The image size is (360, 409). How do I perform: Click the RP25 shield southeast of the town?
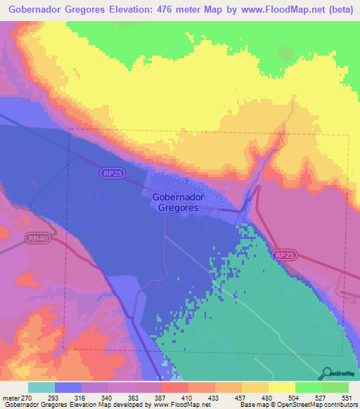tap(283, 257)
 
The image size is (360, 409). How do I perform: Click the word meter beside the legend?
tap(11, 398)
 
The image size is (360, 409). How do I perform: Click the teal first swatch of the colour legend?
tap(41, 387)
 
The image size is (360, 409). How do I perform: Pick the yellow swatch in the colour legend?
tap(281, 387)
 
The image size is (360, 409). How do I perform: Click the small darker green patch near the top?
tap(285, 53)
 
